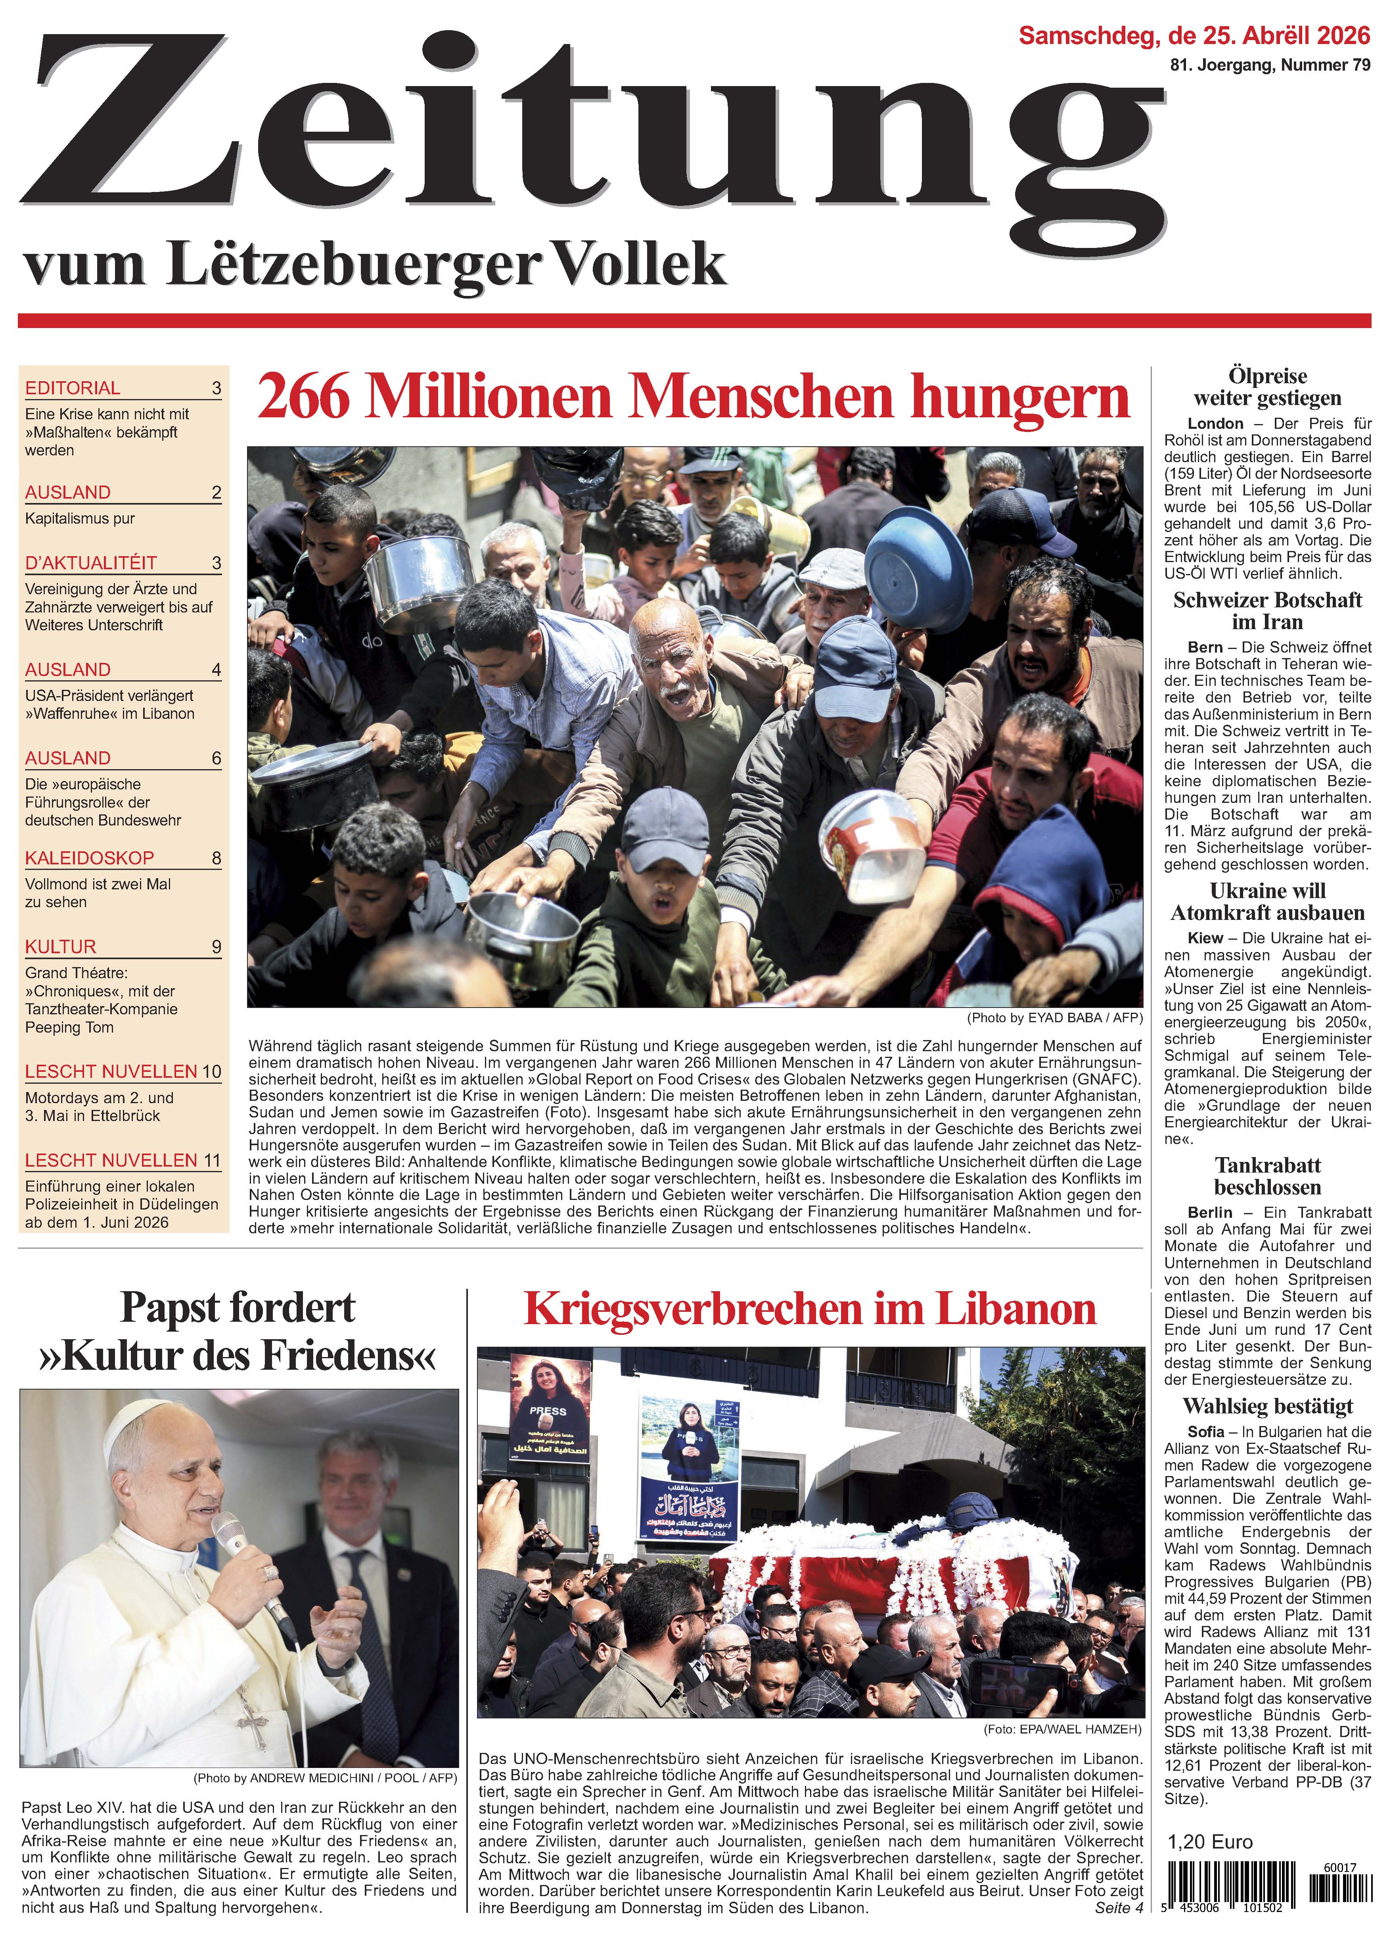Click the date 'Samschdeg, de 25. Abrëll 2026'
pos(1194,36)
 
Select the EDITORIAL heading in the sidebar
pos(73,388)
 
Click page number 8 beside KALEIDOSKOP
pos(216,858)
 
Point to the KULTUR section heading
pos(61,947)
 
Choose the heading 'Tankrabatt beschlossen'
pos(1267,1177)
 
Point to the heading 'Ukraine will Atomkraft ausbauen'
pos(1267,902)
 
